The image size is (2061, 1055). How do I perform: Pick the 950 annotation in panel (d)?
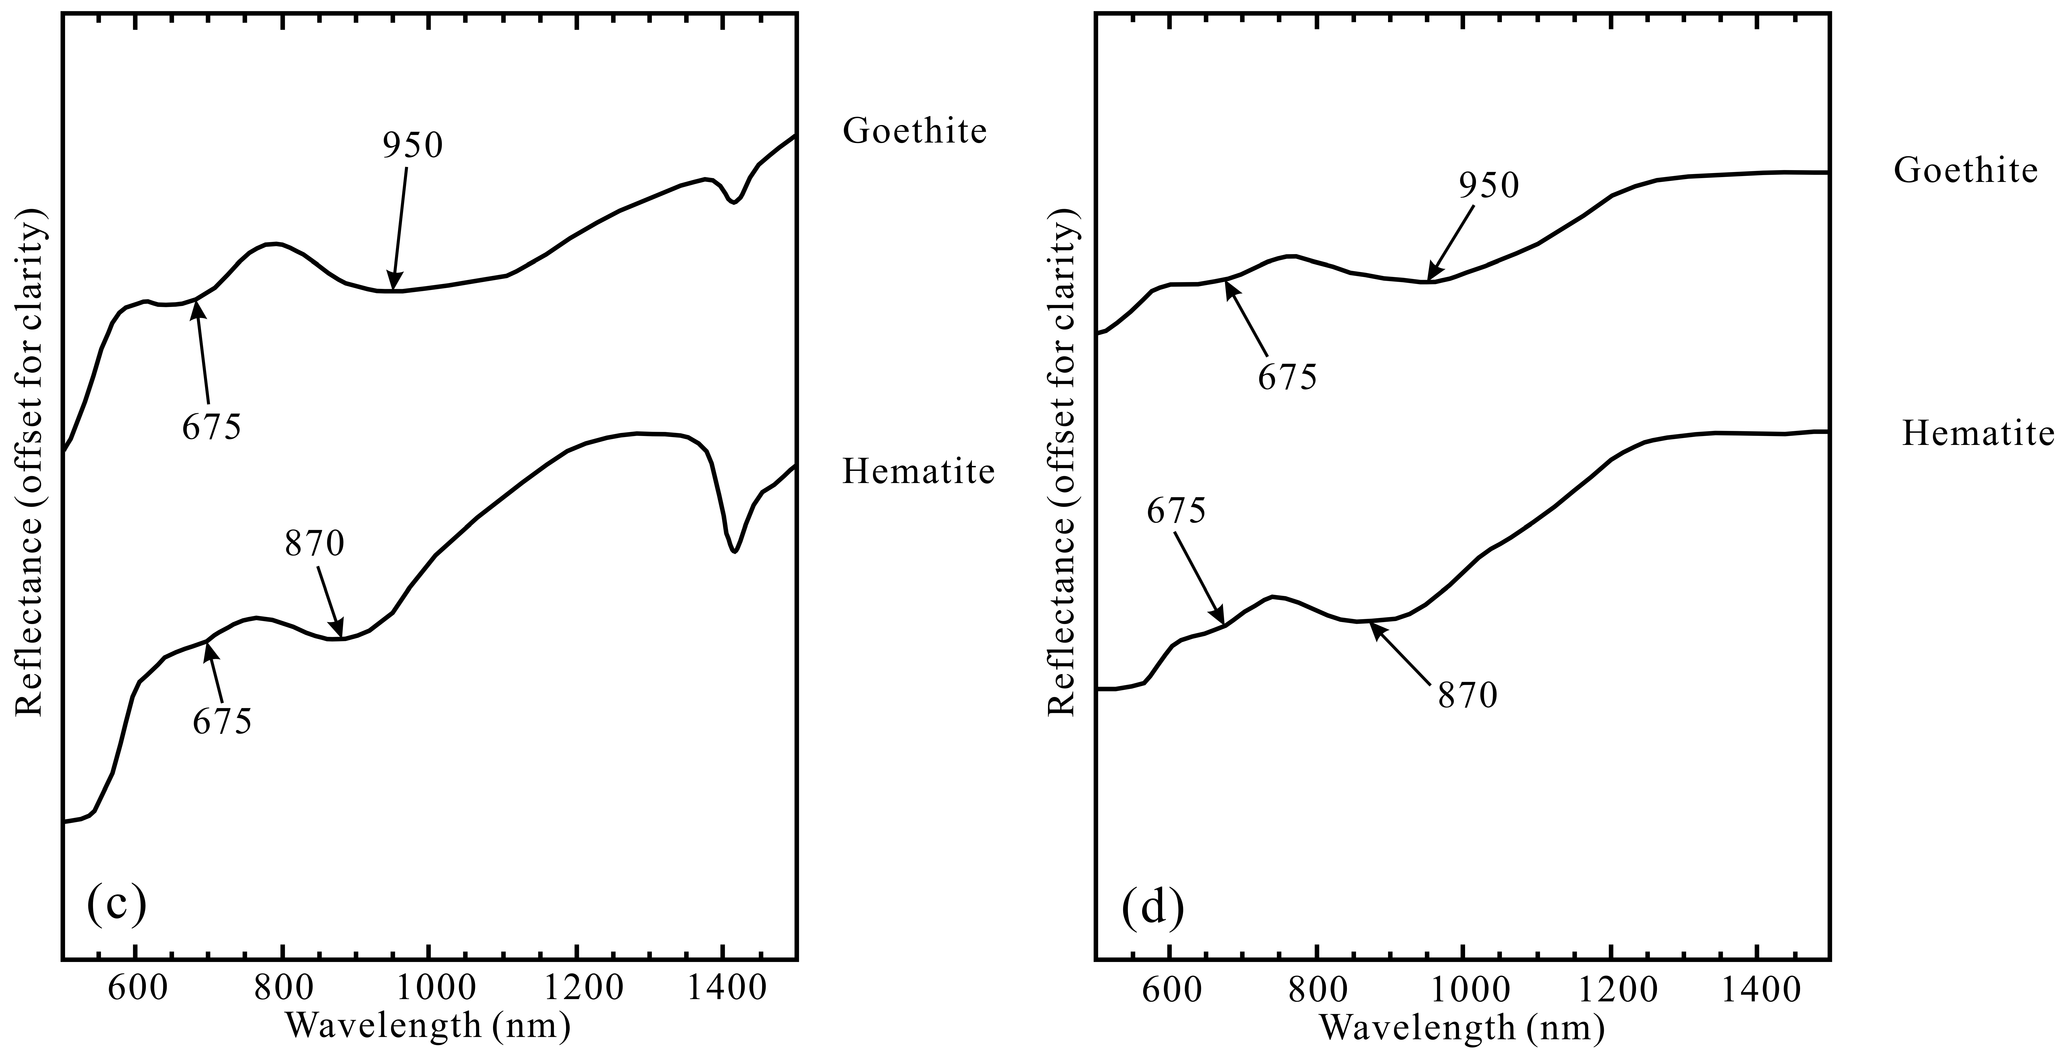point(1488,185)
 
